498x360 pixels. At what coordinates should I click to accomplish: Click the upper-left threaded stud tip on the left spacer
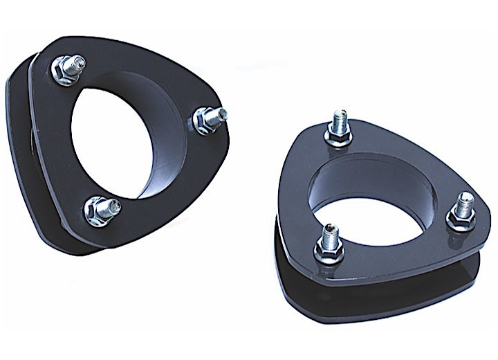click(78, 62)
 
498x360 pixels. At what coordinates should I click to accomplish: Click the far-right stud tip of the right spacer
click(467, 199)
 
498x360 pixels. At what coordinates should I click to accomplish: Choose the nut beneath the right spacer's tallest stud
click(339, 140)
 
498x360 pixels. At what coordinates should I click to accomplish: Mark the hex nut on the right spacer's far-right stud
click(459, 219)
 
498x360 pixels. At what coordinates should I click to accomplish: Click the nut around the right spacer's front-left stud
click(329, 251)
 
